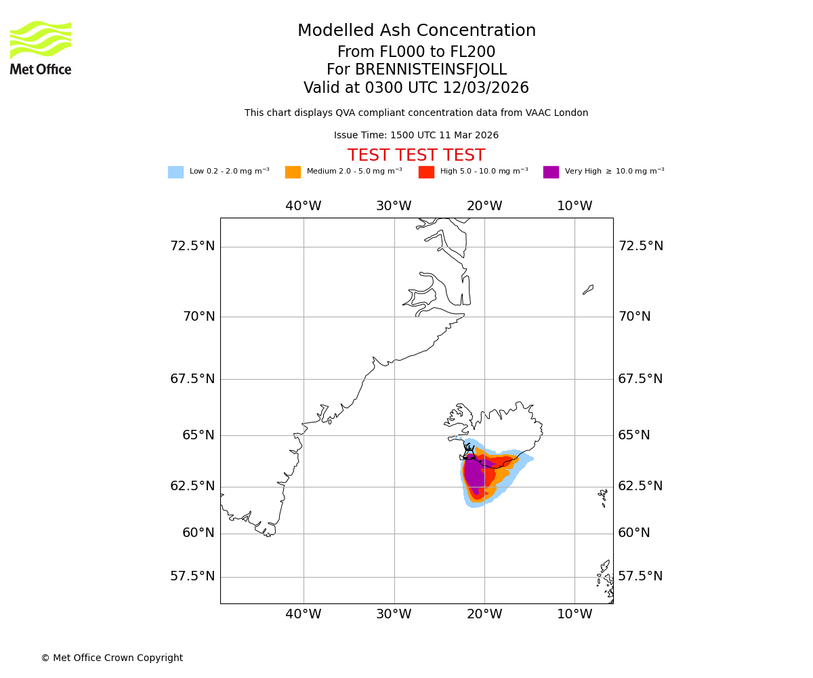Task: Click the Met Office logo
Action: [x=41, y=47]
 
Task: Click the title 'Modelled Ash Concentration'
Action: [x=416, y=31]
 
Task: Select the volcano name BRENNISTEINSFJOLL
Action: [x=431, y=70]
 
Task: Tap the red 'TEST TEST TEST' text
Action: [x=416, y=156]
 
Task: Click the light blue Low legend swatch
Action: [x=175, y=172]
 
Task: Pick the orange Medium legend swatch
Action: [x=293, y=172]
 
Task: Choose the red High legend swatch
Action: [x=426, y=172]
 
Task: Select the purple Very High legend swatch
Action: [x=551, y=172]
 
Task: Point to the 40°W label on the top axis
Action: [x=303, y=206]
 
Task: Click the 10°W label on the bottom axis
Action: [x=575, y=614]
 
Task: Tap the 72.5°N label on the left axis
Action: [x=192, y=246]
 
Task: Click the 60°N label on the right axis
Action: [x=634, y=533]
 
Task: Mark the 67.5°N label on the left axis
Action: [x=192, y=379]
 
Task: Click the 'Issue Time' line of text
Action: [x=416, y=136]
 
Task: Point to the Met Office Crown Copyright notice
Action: [x=112, y=658]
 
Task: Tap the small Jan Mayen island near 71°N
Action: [x=588, y=290]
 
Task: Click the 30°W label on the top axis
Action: [x=394, y=206]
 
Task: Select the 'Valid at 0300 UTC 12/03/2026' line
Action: [x=416, y=88]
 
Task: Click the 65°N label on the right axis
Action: [x=634, y=435]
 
